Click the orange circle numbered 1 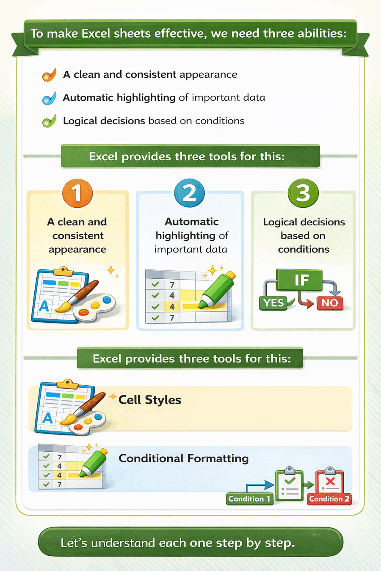click(x=77, y=193)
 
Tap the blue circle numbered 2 click(x=189, y=193)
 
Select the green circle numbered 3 click(x=303, y=193)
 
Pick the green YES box click(x=273, y=303)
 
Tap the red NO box click(x=329, y=303)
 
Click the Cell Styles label click(x=150, y=400)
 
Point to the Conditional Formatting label click(x=183, y=458)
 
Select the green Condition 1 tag click(x=249, y=499)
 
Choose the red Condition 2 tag click(x=329, y=499)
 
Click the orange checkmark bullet click(x=49, y=75)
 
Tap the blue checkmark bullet click(x=49, y=98)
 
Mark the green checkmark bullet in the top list click(x=49, y=121)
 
